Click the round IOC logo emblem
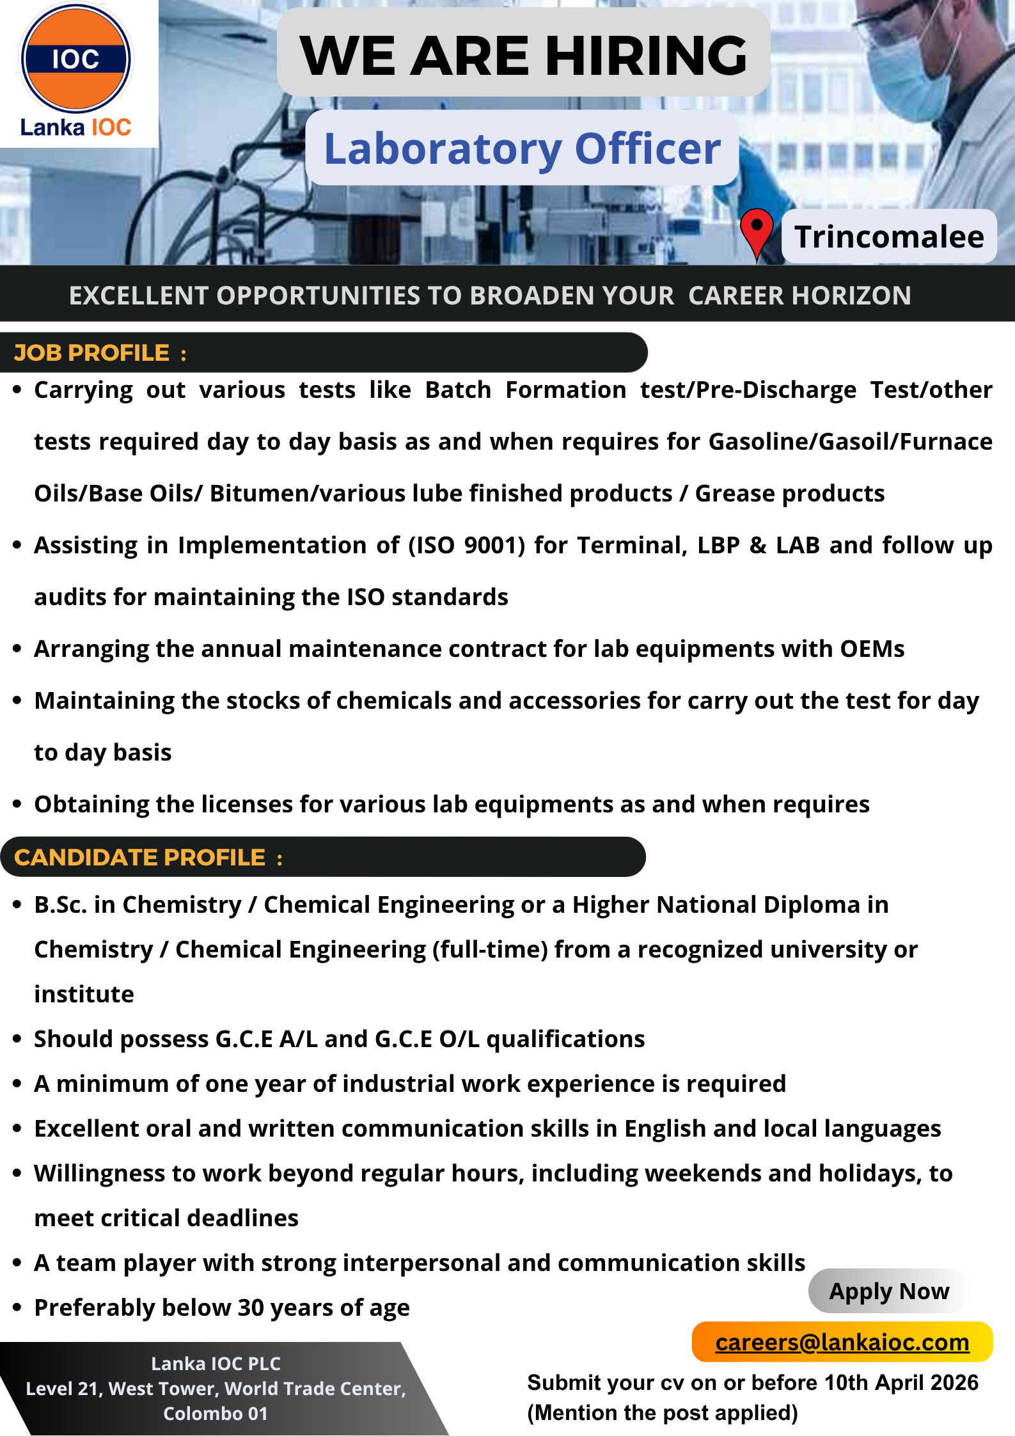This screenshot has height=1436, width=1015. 76,59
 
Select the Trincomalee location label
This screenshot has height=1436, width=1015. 888,237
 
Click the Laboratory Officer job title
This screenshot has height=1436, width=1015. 523,148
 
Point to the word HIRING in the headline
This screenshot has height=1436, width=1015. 646,56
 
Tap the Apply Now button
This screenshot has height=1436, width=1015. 888,1291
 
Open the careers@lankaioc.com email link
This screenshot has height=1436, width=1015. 842,1342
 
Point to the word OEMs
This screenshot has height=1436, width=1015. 872,649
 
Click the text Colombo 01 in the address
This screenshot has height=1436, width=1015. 216,1413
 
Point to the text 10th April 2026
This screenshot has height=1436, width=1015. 901,1382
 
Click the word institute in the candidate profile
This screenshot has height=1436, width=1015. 84,995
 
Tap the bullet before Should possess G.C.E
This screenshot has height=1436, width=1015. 17,1039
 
